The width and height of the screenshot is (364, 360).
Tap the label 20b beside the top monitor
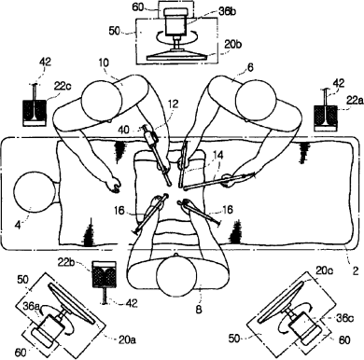pos(232,44)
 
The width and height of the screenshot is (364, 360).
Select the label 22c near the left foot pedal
pos(63,86)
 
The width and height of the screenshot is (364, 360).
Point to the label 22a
pos(356,100)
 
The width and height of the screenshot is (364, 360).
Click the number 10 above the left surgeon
pos(104,62)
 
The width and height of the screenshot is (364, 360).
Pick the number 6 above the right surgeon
pos(251,67)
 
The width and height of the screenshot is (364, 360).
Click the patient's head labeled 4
pos(34,193)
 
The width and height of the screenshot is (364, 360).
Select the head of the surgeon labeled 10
pos(102,101)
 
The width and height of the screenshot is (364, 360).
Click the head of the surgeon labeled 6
pos(256,100)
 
